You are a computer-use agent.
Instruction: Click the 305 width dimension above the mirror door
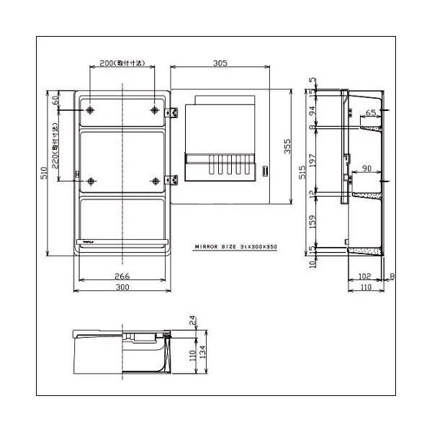220,63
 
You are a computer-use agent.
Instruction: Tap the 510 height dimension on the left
44,173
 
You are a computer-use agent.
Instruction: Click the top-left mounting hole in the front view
89,110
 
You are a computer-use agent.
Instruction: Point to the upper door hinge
172,112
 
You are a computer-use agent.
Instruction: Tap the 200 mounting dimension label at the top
122,63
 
